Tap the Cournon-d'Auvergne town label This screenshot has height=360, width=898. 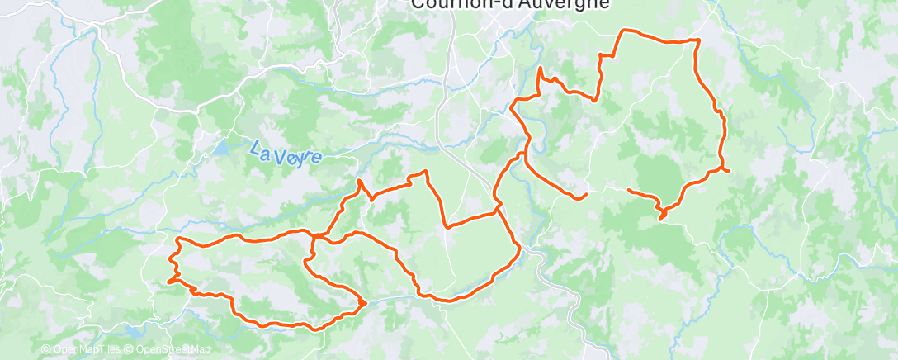click(510, 4)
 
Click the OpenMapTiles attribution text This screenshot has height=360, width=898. click(80, 349)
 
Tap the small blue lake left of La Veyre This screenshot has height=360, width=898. click(223, 149)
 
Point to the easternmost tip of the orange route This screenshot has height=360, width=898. click(730, 170)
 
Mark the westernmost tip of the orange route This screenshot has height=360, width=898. click(169, 282)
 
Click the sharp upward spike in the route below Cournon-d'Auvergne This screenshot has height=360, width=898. click(540, 69)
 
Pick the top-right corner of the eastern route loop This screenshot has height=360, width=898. click(698, 40)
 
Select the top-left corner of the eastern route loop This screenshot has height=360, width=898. click(622, 31)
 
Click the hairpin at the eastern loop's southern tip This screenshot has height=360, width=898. click(662, 218)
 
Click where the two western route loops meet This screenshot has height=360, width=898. click(314, 238)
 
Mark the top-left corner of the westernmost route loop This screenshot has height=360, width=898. click(179, 239)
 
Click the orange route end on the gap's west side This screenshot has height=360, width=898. click(585, 195)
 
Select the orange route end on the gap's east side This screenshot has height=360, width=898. click(629, 191)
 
